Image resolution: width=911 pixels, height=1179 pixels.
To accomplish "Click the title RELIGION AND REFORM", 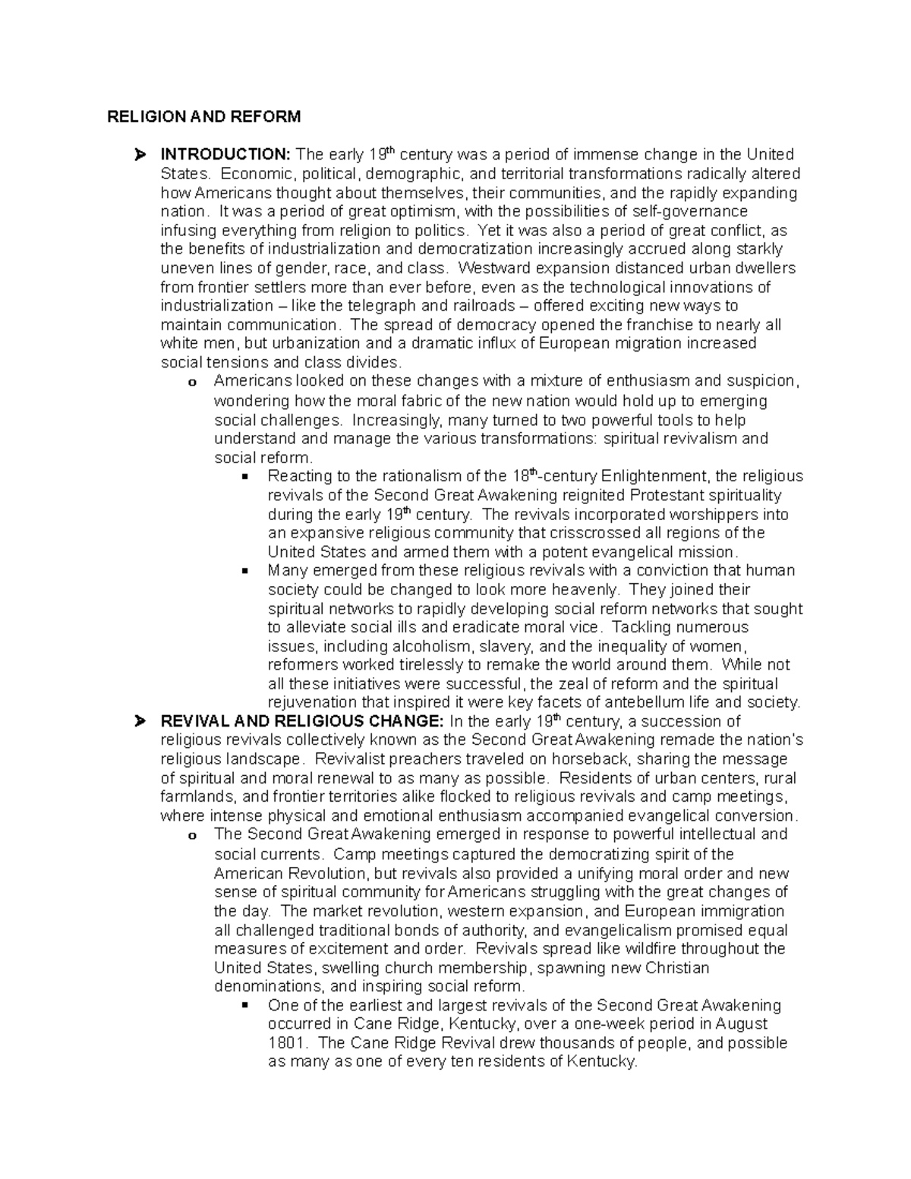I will pos(203,117).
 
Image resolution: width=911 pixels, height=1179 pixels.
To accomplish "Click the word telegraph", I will pos(386,306).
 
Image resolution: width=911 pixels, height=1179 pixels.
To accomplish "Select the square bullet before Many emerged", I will pos(244,571).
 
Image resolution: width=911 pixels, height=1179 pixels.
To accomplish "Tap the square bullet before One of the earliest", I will pos(244,1006).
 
